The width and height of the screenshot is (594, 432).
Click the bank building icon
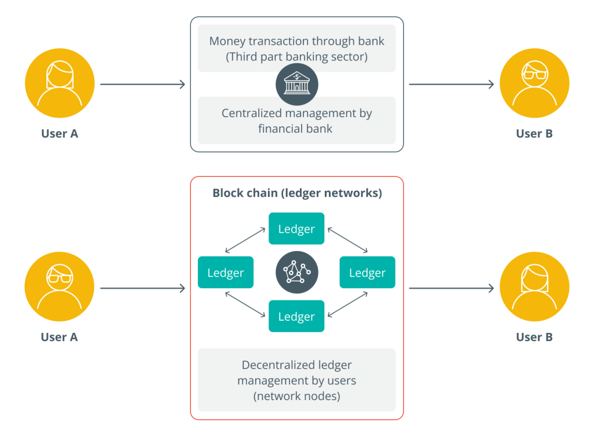click(x=296, y=85)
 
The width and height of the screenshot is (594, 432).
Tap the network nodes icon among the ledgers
click(x=296, y=272)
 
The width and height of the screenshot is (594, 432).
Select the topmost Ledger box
click(x=296, y=229)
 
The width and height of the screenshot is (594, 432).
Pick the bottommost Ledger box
click(x=296, y=317)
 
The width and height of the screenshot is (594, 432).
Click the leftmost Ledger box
click(x=226, y=273)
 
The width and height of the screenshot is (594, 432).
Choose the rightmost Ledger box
click(x=367, y=273)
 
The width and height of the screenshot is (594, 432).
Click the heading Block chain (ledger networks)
click(x=297, y=193)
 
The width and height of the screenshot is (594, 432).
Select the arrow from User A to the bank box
click(x=143, y=85)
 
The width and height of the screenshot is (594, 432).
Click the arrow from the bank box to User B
click(x=451, y=85)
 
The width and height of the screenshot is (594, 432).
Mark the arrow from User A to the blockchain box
click(x=143, y=288)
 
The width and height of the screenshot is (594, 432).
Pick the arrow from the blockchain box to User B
click(x=451, y=288)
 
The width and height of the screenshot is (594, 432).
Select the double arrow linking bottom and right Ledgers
click(x=347, y=304)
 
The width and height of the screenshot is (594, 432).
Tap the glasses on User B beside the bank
click(x=534, y=72)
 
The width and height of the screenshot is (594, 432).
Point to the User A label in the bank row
click(x=59, y=134)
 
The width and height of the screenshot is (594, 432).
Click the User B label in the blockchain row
click(x=534, y=337)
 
